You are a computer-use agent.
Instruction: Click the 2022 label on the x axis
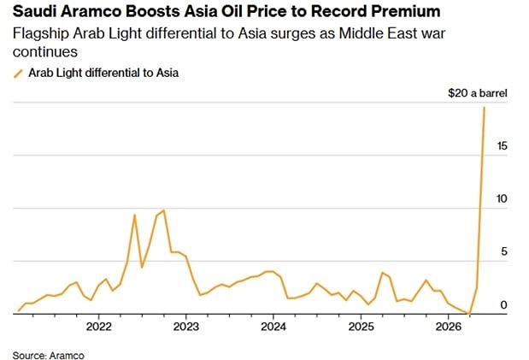coord(99,327)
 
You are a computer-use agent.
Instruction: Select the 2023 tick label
coord(186,327)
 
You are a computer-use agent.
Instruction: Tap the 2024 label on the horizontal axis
coord(273,327)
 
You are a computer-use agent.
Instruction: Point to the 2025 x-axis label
coord(361,327)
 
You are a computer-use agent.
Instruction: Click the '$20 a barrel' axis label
coord(479,92)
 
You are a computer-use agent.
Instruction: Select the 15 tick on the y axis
coord(503,146)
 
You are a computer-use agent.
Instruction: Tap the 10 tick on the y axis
coord(503,198)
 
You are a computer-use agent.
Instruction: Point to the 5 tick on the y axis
coord(505,251)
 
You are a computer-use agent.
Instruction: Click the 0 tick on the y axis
coord(505,304)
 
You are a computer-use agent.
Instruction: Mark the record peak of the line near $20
coord(485,107)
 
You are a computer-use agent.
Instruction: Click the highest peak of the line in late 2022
coord(163,210)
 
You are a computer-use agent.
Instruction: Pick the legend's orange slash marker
coord(19,74)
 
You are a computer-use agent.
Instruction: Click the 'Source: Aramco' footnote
coord(49,353)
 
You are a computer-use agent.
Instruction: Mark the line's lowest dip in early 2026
coord(468,313)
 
